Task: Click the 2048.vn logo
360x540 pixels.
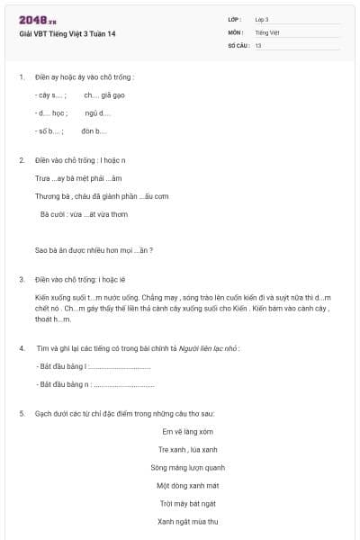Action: click(x=34, y=20)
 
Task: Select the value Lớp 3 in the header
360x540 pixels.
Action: click(x=262, y=19)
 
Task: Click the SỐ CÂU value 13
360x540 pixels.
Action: click(x=258, y=44)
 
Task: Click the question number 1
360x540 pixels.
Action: click(x=22, y=76)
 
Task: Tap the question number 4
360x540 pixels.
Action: click(x=22, y=347)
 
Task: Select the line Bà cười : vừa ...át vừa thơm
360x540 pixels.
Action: click(x=84, y=214)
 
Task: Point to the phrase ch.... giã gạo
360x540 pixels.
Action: click(x=103, y=94)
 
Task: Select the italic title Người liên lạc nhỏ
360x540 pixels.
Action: click(x=209, y=347)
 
